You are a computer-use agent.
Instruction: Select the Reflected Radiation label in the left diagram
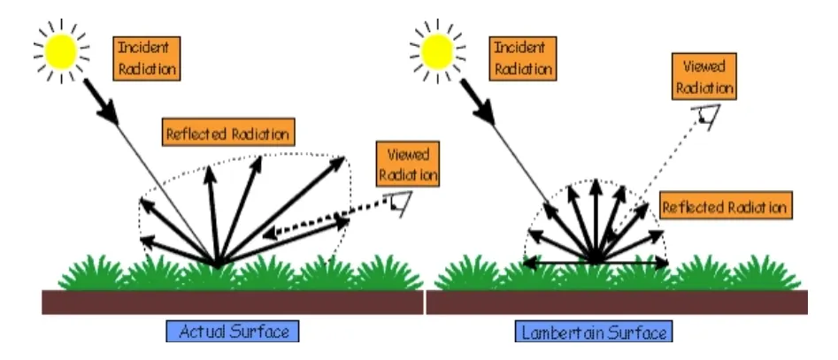coord(227,134)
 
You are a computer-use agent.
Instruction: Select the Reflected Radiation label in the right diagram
coord(725,208)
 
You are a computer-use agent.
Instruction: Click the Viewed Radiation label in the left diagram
coord(407,164)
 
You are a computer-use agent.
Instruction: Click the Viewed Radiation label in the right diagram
coord(703,78)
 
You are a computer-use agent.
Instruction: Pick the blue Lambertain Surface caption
coord(593,333)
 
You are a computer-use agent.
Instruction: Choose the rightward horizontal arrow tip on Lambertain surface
coord(665,262)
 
